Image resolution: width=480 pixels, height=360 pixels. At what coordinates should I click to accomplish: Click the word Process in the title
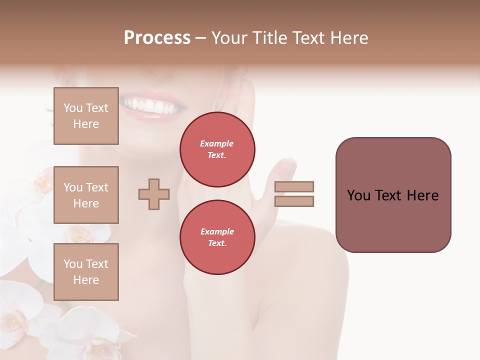tap(157, 38)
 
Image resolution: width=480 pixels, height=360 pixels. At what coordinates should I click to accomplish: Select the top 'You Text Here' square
tap(86, 116)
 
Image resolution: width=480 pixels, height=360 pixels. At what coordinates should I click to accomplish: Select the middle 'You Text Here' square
tap(86, 195)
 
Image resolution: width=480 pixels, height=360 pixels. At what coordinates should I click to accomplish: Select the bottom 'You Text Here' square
tap(86, 272)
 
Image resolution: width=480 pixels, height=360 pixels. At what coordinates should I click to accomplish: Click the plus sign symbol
tap(154, 194)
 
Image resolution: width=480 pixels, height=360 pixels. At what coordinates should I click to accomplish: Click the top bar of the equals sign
tap(294, 187)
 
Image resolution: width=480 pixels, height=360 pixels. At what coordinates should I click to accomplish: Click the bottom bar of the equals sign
tap(294, 201)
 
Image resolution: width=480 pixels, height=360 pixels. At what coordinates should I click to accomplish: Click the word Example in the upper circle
tap(217, 143)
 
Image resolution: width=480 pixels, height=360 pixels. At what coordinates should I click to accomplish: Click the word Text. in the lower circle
tap(217, 243)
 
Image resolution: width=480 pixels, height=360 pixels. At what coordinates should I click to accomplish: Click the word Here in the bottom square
tap(86, 280)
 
